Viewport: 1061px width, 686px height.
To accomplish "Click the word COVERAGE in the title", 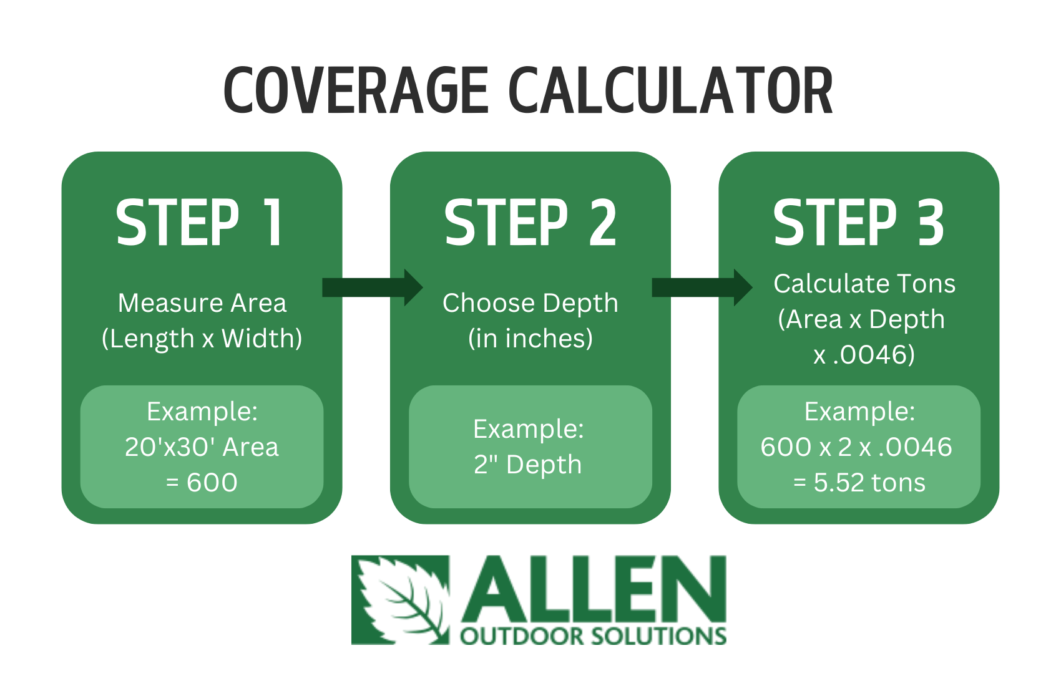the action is (356, 90).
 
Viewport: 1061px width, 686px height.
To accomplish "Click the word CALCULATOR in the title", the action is (671, 90).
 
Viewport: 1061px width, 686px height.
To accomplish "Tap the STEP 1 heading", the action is (200, 223).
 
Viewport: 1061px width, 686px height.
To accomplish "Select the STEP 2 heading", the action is (530, 223).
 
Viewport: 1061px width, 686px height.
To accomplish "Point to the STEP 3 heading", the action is (858, 223).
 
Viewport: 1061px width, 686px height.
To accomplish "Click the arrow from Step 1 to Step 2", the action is (373, 288).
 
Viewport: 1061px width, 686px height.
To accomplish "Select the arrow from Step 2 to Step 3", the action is (702, 288).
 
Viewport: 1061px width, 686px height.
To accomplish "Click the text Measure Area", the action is (202, 303).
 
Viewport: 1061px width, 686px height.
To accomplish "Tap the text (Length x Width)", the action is (202, 339).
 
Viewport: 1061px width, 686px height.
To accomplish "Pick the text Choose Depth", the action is (530, 303).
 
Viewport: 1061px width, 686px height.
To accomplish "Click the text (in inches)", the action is (530, 339).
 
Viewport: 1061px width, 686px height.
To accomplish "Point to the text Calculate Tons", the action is (864, 284).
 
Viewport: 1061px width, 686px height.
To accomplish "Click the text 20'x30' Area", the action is (202, 447).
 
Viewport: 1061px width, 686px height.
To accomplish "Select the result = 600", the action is (202, 483).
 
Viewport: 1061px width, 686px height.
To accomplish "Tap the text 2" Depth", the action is (527, 465).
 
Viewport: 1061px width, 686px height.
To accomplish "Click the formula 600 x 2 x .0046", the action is (856, 447).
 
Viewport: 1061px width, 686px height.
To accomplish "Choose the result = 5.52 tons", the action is (859, 483).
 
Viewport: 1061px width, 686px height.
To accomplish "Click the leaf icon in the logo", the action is (400, 600).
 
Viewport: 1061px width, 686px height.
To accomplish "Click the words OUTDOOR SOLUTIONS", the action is (593, 636).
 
